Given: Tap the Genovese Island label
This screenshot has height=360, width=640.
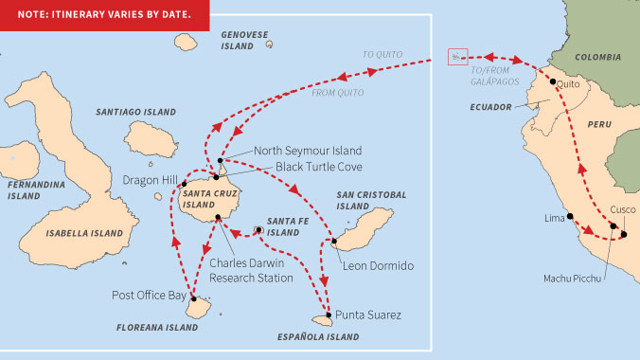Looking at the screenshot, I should tap(244, 40).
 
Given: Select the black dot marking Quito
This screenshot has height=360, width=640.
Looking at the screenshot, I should tap(553, 82).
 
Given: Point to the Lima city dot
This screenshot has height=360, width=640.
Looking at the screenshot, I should tap(571, 217).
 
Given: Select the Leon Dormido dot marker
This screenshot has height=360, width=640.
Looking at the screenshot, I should tap(334, 241).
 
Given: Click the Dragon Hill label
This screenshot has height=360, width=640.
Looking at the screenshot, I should tap(149, 179).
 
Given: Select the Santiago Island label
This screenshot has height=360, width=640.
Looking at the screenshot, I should tap(136, 112).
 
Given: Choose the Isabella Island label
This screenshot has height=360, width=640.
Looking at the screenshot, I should tap(84, 232).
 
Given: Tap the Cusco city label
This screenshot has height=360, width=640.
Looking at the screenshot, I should tap(624, 209).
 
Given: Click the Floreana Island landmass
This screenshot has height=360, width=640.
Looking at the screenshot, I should tap(199, 306).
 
